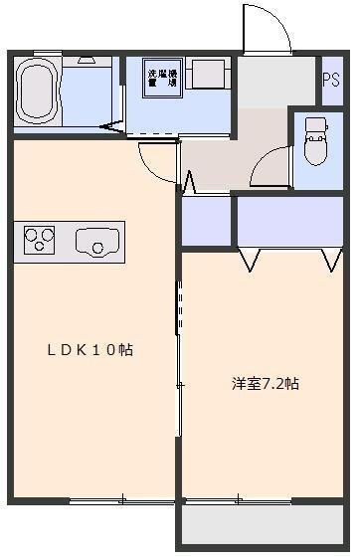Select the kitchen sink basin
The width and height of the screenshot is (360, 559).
tap(96, 239)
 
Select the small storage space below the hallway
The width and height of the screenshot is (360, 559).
tap(206, 221)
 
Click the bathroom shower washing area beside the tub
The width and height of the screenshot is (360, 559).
tap(91, 94)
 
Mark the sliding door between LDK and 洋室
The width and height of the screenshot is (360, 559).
tap(180, 338)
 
